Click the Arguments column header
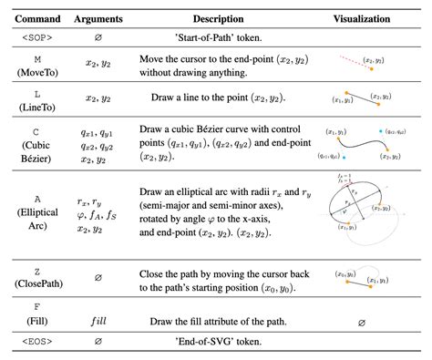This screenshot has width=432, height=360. click(x=99, y=18)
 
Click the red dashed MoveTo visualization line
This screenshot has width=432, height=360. click(x=351, y=61)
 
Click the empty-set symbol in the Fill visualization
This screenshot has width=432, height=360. click(x=362, y=322)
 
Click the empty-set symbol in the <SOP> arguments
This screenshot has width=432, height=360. click(x=98, y=38)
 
